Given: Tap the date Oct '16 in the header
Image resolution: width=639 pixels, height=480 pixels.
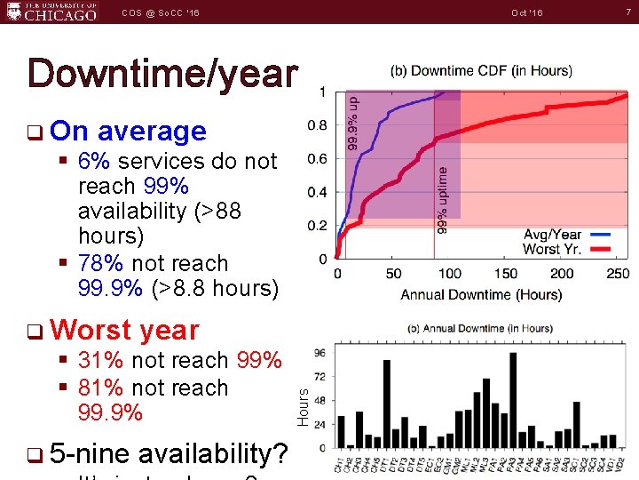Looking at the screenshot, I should point(527,13).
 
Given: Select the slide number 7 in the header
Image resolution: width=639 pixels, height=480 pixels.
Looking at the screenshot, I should point(627,12).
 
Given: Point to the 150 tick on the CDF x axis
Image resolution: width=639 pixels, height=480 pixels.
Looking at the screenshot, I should point(505,274).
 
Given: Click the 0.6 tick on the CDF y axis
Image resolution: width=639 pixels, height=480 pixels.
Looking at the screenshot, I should point(317,159).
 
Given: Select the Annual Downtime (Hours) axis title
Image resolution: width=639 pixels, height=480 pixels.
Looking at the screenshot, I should point(480,294).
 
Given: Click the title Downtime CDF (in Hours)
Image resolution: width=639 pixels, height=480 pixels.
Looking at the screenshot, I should point(480,71).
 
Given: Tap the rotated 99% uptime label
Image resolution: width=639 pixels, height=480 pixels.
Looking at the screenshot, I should point(442,200).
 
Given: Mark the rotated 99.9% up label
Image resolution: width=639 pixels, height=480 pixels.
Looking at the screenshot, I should point(352,123).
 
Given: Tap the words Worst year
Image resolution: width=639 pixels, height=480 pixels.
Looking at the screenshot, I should point(125,330).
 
